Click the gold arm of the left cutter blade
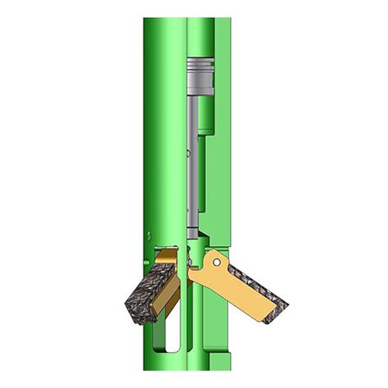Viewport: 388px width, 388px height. point(166,260)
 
